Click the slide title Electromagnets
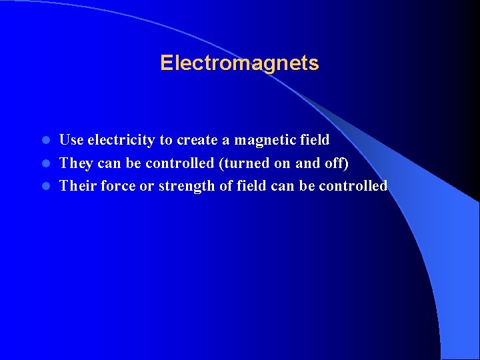[239, 63]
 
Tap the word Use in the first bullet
[71, 140]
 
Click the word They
[76, 163]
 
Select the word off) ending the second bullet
[335, 163]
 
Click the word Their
[78, 186]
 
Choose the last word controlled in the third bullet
[353, 186]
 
